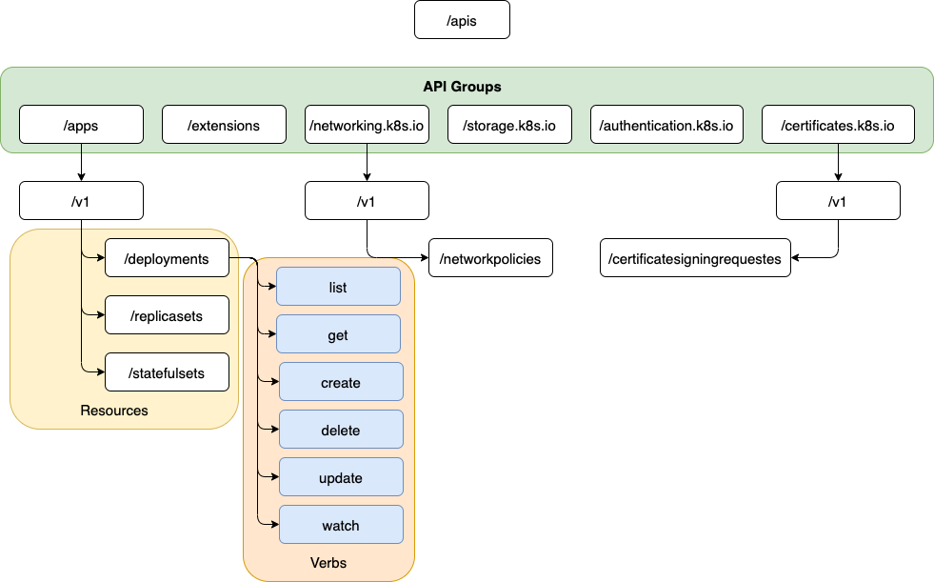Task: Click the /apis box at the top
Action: tap(462, 20)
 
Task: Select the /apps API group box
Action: tap(81, 125)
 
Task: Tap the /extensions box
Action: tap(224, 125)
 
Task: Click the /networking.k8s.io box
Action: tap(367, 125)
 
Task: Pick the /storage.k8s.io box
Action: tap(509, 125)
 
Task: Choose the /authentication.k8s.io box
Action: tap(666, 125)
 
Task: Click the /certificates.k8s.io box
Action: tap(838, 125)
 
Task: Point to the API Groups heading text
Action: tap(462, 87)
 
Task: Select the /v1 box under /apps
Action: tap(81, 201)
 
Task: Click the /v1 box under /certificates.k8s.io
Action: tap(838, 201)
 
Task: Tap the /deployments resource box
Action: tap(167, 258)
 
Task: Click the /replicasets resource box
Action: tap(167, 315)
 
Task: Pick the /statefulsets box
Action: tap(167, 372)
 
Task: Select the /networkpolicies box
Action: tap(490, 258)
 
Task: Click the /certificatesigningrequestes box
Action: tap(695, 258)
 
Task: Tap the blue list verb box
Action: tap(338, 287)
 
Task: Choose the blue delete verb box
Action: tap(341, 430)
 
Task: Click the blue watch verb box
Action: tap(341, 525)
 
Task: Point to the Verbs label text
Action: tap(328, 563)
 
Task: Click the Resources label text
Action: tap(114, 411)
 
